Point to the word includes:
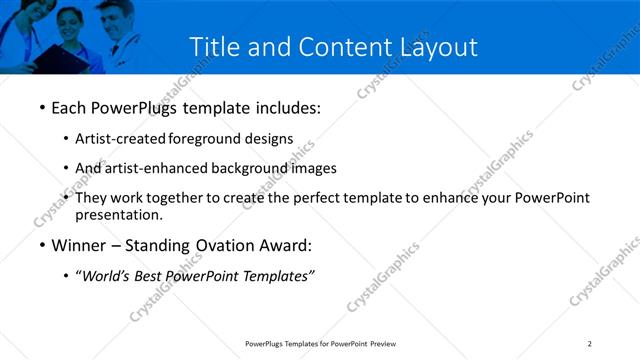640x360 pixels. coord(286,105)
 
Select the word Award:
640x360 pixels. coord(284,245)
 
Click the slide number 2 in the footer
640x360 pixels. coord(590,344)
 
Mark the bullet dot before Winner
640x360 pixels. coord(41,245)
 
